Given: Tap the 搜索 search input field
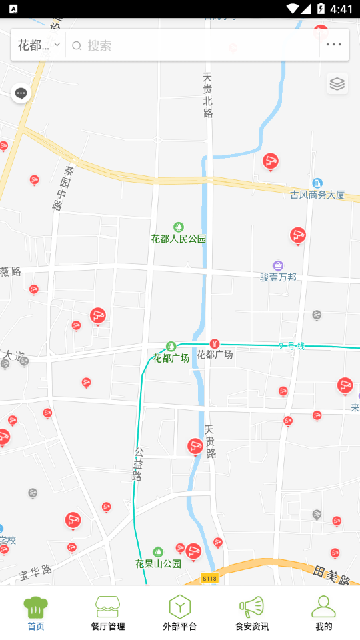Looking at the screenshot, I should pyautogui.click(x=193, y=45).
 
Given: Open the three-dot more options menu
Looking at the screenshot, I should pyautogui.click(x=333, y=45).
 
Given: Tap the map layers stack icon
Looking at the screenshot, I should pyautogui.click(x=337, y=84).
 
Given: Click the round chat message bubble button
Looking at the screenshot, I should pyautogui.click(x=21, y=93).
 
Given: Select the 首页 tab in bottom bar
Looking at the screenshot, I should pyautogui.click(x=36, y=613).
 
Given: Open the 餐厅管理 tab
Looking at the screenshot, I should pyautogui.click(x=108, y=613).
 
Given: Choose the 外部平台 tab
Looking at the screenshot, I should pyautogui.click(x=180, y=613).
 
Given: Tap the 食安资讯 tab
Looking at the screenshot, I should pyautogui.click(x=252, y=613).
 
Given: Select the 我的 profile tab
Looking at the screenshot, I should pyautogui.click(x=324, y=613).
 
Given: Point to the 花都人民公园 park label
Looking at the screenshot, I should pyautogui.click(x=179, y=238).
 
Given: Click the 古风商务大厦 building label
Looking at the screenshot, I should pyautogui.click(x=317, y=195).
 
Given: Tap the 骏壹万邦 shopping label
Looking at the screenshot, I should pyautogui.click(x=278, y=276).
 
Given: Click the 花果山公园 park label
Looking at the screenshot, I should pyautogui.click(x=158, y=563).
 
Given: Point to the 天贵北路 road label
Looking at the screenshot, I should pyautogui.click(x=208, y=95).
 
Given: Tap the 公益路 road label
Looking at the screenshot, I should pyautogui.click(x=137, y=464).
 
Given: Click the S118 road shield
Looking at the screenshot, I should pyautogui.click(x=209, y=578).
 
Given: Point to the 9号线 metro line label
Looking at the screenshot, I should pyautogui.click(x=291, y=346).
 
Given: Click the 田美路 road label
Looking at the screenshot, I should pyautogui.click(x=331, y=575).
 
